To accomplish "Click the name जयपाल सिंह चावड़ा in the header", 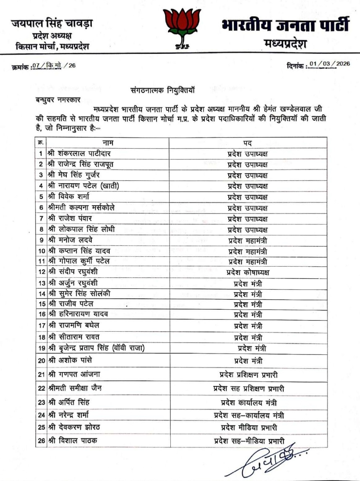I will click(52, 23).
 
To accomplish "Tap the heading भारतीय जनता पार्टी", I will click(285, 25).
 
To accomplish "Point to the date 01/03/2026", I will click(329, 64).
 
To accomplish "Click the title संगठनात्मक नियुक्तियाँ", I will click(163, 90).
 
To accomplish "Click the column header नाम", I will click(108, 143).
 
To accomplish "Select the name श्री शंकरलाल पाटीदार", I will click(79, 153).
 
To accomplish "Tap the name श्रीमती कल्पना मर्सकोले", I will click(81, 208).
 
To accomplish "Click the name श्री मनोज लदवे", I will click(71, 240).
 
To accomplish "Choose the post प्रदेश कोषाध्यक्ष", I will click(248, 273).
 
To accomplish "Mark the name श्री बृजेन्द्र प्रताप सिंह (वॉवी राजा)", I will click(96, 348).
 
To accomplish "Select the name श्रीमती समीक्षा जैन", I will click(75, 388).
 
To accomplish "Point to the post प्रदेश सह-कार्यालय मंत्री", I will click(249, 415).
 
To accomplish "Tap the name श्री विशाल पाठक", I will click(73, 441).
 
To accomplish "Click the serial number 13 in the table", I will click(42, 283).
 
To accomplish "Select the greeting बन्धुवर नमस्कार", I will click(58, 100).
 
